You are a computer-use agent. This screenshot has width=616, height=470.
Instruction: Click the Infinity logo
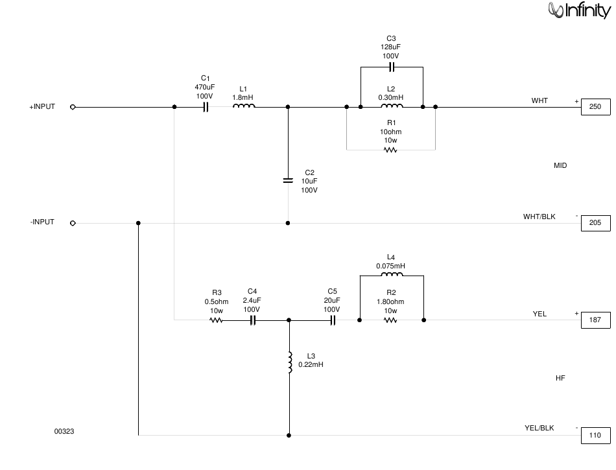pyautogui.click(x=579, y=10)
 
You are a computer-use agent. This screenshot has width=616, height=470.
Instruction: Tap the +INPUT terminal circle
pyautogui.click(x=73, y=107)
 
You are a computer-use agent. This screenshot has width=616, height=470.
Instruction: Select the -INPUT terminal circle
pyautogui.click(x=73, y=223)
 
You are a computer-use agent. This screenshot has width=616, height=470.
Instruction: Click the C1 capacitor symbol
pyautogui.click(x=206, y=107)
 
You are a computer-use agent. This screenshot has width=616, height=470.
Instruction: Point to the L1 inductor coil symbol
pyautogui.click(x=244, y=106)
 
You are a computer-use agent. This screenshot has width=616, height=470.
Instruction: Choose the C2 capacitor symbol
pyautogui.click(x=288, y=181)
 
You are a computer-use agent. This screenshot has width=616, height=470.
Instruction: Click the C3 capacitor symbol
pyautogui.click(x=391, y=67)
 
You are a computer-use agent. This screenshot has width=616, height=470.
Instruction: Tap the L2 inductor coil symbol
pyautogui.click(x=392, y=106)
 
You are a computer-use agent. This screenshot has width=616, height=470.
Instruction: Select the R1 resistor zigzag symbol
pyautogui.click(x=390, y=150)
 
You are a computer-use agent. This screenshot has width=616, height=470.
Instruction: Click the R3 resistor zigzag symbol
pyautogui.click(x=216, y=320)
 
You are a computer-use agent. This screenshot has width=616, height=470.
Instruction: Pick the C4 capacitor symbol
pyautogui.click(x=253, y=320)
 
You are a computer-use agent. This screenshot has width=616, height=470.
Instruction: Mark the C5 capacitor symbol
pyautogui.click(x=333, y=320)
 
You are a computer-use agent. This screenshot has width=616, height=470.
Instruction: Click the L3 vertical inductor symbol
pyautogui.click(x=290, y=362)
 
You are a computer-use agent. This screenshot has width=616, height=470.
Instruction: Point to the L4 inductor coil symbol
pyautogui.click(x=392, y=274)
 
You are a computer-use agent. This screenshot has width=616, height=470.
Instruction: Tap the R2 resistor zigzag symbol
pyautogui.click(x=390, y=320)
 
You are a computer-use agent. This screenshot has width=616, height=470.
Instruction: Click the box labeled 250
pyautogui.click(x=595, y=107)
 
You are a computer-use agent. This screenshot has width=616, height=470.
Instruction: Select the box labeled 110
pyautogui.click(x=595, y=436)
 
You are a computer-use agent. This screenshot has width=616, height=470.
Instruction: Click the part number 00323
pyautogui.click(x=64, y=432)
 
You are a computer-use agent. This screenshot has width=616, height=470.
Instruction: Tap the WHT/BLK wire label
pyautogui.click(x=539, y=217)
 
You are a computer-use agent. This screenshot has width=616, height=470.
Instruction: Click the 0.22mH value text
pyautogui.click(x=311, y=365)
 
